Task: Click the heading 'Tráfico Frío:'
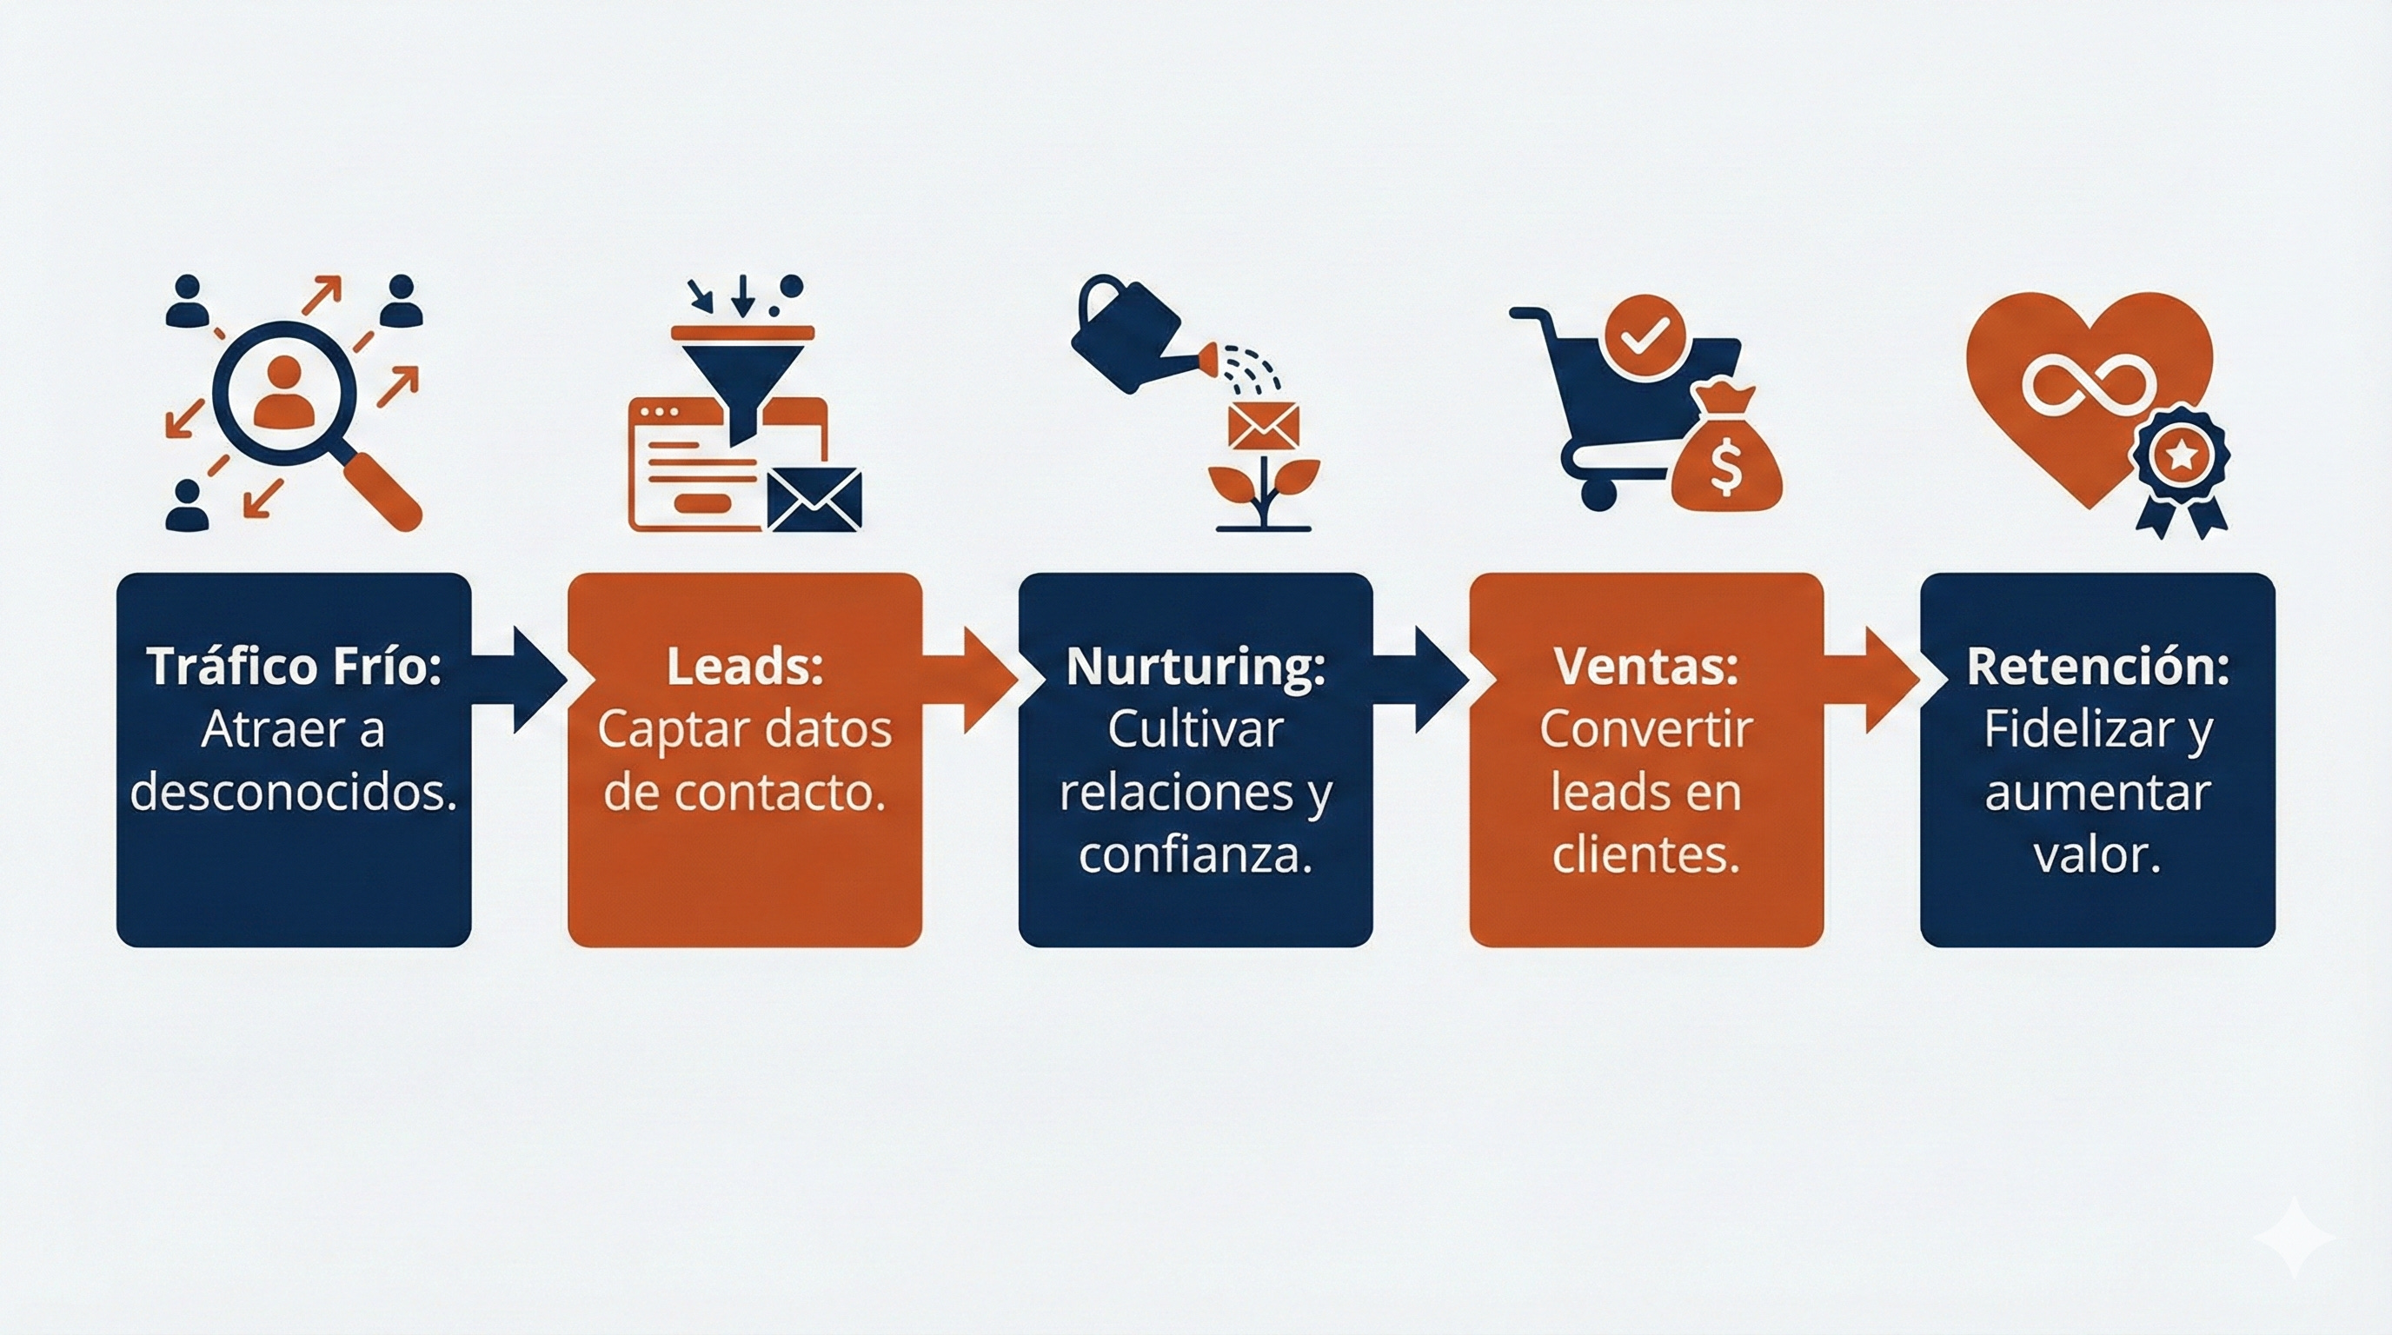click(x=294, y=667)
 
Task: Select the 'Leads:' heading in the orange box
click(x=745, y=667)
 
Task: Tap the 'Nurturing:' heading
click(x=1195, y=667)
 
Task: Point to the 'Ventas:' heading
click(x=1645, y=667)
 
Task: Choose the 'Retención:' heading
click(x=2097, y=667)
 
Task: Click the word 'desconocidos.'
click(x=294, y=792)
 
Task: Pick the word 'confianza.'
click(x=1195, y=854)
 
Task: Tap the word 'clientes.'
click(x=1645, y=854)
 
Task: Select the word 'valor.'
click(x=2097, y=854)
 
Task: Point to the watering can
click(x=1128, y=332)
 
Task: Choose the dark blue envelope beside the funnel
click(x=814, y=499)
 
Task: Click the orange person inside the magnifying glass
click(x=283, y=392)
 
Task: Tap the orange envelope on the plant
click(x=1263, y=426)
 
